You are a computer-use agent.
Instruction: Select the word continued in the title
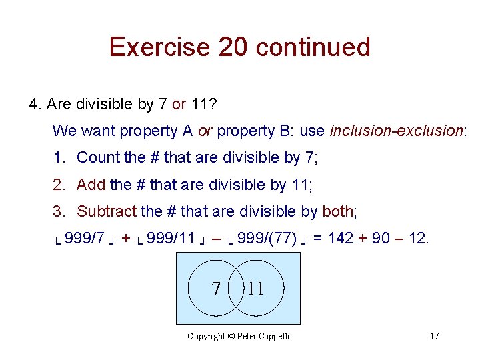pyautogui.click(x=313, y=47)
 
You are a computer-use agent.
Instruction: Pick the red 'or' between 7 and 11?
pyautogui.click(x=179, y=104)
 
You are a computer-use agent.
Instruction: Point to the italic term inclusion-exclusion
pyautogui.click(x=396, y=131)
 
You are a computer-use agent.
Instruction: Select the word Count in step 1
pyautogui.click(x=97, y=157)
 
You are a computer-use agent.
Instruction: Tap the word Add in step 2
pyautogui.click(x=91, y=185)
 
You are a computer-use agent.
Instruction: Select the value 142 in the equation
pyautogui.click(x=341, y=239)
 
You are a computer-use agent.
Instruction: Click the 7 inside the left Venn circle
pyautogui.click(x=216, y=288)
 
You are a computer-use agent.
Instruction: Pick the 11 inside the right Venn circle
pyautogui.click(x=255, y=288)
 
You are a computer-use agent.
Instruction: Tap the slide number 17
pyautogui.click(x=434, y=336)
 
